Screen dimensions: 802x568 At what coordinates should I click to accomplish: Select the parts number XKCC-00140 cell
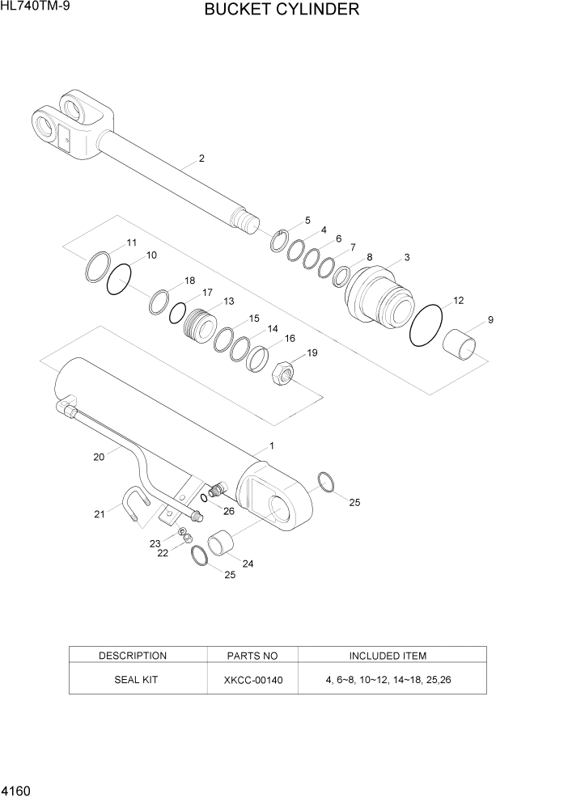253,680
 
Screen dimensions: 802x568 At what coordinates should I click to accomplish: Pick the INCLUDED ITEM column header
388,656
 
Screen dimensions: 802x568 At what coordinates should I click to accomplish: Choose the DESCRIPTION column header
133,656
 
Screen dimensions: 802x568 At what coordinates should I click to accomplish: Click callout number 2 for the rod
201,158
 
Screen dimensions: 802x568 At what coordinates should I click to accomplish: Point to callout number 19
312,353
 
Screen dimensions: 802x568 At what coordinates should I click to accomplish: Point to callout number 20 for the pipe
99,457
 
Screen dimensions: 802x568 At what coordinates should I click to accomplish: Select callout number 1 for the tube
272,445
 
